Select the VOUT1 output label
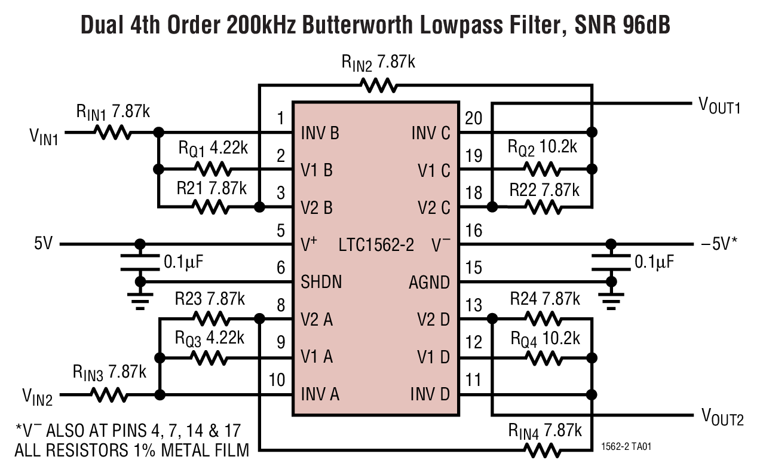point(719,105)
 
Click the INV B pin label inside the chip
point(320,133)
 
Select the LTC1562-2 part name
point(376,244)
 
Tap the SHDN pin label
point(321,282)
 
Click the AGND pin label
point(429,282)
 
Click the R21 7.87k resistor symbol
point(210,207)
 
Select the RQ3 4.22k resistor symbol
point(209,357)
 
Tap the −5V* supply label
point(718,244)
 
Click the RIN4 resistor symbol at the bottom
point(543,450)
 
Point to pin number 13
point(473,306)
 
